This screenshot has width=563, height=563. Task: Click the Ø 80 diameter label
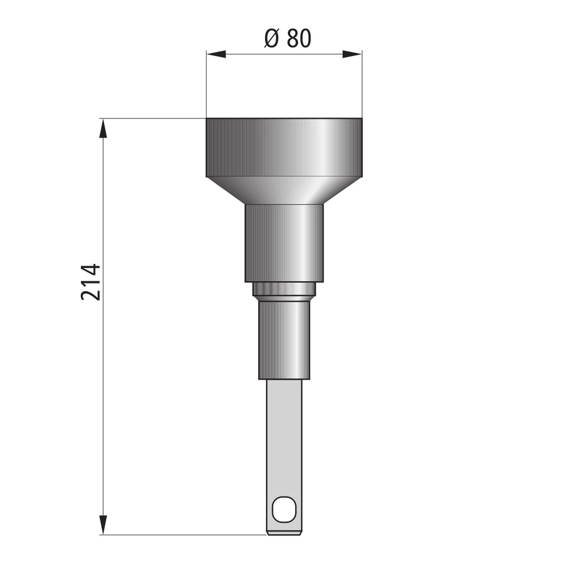coord(288,39)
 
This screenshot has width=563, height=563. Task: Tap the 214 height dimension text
coord(91,282)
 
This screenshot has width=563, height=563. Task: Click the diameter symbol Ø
coord(271,39)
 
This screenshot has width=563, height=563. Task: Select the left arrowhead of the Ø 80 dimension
coord(216,54)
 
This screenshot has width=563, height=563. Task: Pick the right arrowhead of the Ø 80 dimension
coord(352,54)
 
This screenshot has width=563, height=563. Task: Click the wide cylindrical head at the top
coord(284,147)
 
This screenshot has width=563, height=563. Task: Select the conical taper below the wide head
coord(284,190)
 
